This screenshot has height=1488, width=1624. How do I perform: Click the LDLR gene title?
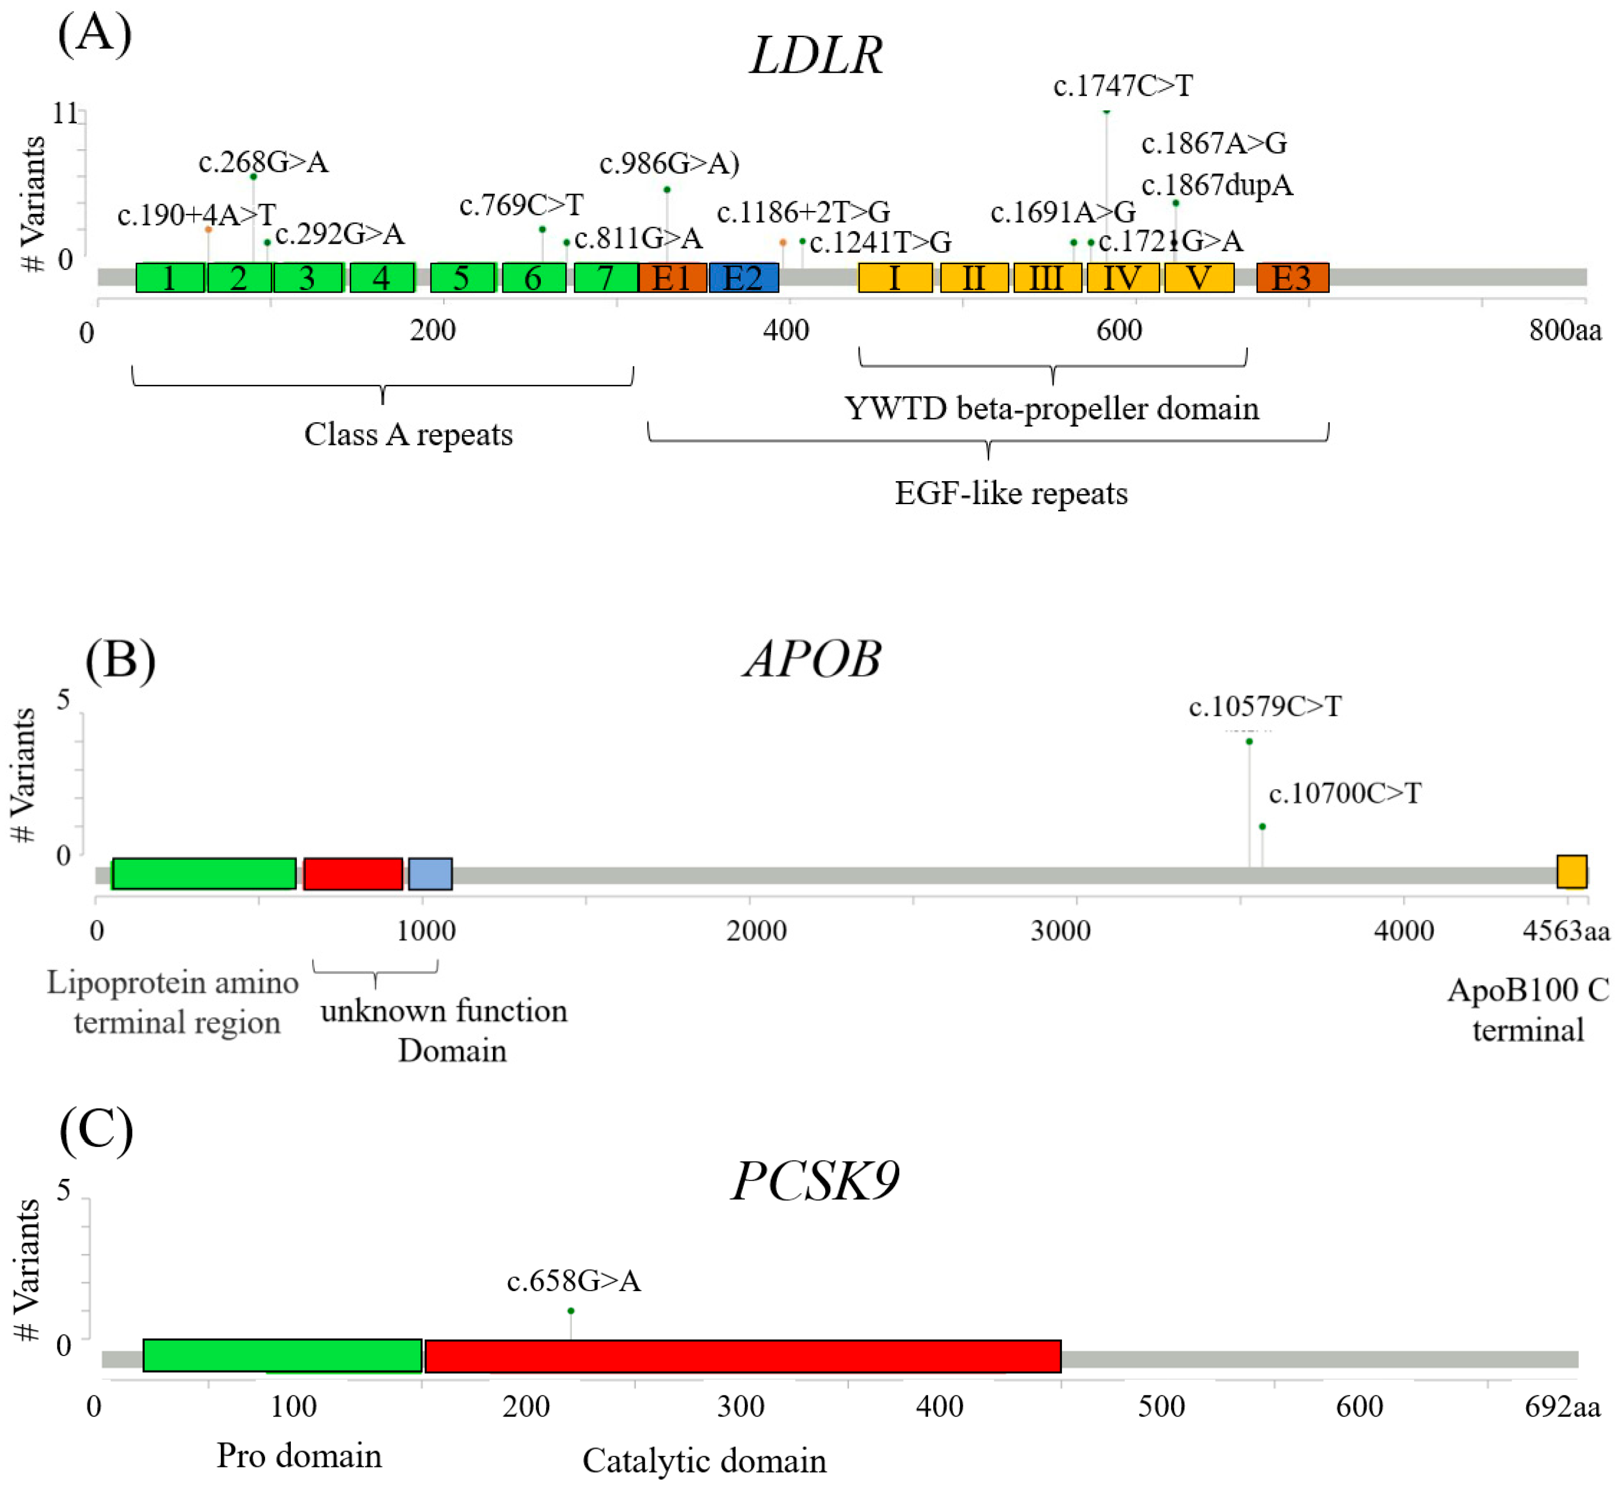tap(816, 56)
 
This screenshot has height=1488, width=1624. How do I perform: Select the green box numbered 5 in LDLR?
tap(462, 278)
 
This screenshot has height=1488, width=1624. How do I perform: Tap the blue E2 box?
tap(743, 278)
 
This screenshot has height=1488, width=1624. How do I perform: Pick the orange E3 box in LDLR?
tap(1292, 278)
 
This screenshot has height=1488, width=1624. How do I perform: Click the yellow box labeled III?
tap(1046, 278)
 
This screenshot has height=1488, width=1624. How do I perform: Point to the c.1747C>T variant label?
tap(1123, 86)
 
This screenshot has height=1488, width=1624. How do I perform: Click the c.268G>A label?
tap(264, 163)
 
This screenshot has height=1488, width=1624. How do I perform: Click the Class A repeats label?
tap(408, 435)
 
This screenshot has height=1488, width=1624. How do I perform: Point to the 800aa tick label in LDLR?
tap(1564, 330)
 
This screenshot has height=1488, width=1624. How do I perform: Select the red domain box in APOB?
tap(353, 874)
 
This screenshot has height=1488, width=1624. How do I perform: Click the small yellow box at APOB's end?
tap(1571, 872)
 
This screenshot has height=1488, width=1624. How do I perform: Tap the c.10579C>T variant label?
tap(1265, 707)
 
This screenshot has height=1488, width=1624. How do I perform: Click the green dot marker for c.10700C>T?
tap(1262, 826)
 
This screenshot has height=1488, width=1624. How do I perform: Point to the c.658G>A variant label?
tap(574, 1281)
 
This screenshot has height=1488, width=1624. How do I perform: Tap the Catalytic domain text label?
tap(704, 1461)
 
